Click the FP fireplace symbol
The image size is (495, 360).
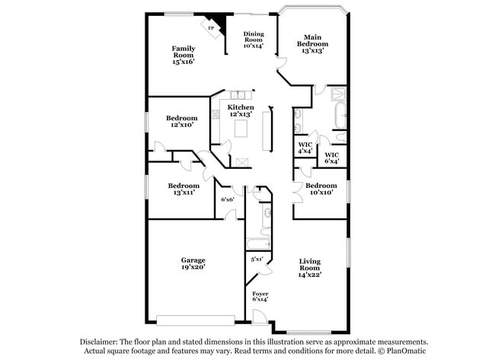212,28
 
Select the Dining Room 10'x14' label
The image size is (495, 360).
253,40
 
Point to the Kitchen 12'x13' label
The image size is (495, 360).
241,111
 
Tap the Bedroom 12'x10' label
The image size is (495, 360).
182,121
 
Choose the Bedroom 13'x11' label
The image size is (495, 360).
184,190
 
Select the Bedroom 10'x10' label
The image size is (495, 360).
321,190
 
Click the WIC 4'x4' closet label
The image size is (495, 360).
305,148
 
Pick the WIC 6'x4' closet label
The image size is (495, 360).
332,158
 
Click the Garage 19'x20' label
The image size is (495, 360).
193,263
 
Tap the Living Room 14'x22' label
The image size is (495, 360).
309,267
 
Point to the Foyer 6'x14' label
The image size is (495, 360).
260,296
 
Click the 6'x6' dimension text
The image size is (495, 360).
227,199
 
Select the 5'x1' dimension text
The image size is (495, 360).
257,260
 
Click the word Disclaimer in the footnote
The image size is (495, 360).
104,342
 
